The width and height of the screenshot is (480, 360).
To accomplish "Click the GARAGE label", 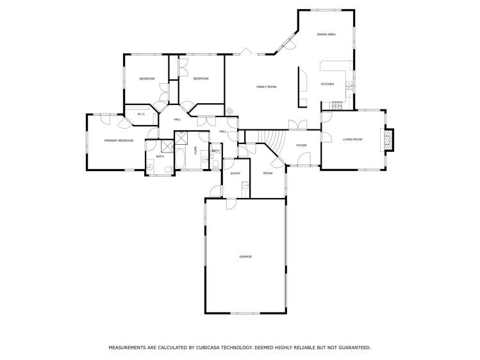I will (x=245, y=256).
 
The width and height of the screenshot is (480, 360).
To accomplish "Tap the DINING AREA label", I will (x=326, y=34).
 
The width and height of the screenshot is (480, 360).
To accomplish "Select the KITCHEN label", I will (x=327, y=84).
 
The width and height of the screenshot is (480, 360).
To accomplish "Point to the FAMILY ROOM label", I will (x=266, y=86).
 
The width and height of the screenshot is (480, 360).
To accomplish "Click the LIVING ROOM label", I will (x=352, y=139).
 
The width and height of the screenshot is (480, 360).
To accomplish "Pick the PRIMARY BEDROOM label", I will (x=119, y=140).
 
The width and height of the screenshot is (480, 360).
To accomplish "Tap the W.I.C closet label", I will (x=141, y=114).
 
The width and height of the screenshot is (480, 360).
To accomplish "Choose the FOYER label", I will (x=301, y=145).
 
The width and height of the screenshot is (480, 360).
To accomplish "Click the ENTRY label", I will (x=235, y=174).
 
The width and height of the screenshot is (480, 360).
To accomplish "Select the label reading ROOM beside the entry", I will (x=268, y=173).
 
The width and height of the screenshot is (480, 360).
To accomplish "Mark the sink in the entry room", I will (x=245, y=186).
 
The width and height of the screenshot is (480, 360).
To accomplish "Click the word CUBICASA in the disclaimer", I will (x=209, y=347).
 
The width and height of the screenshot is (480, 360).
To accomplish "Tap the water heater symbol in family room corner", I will (x=230, y=111).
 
